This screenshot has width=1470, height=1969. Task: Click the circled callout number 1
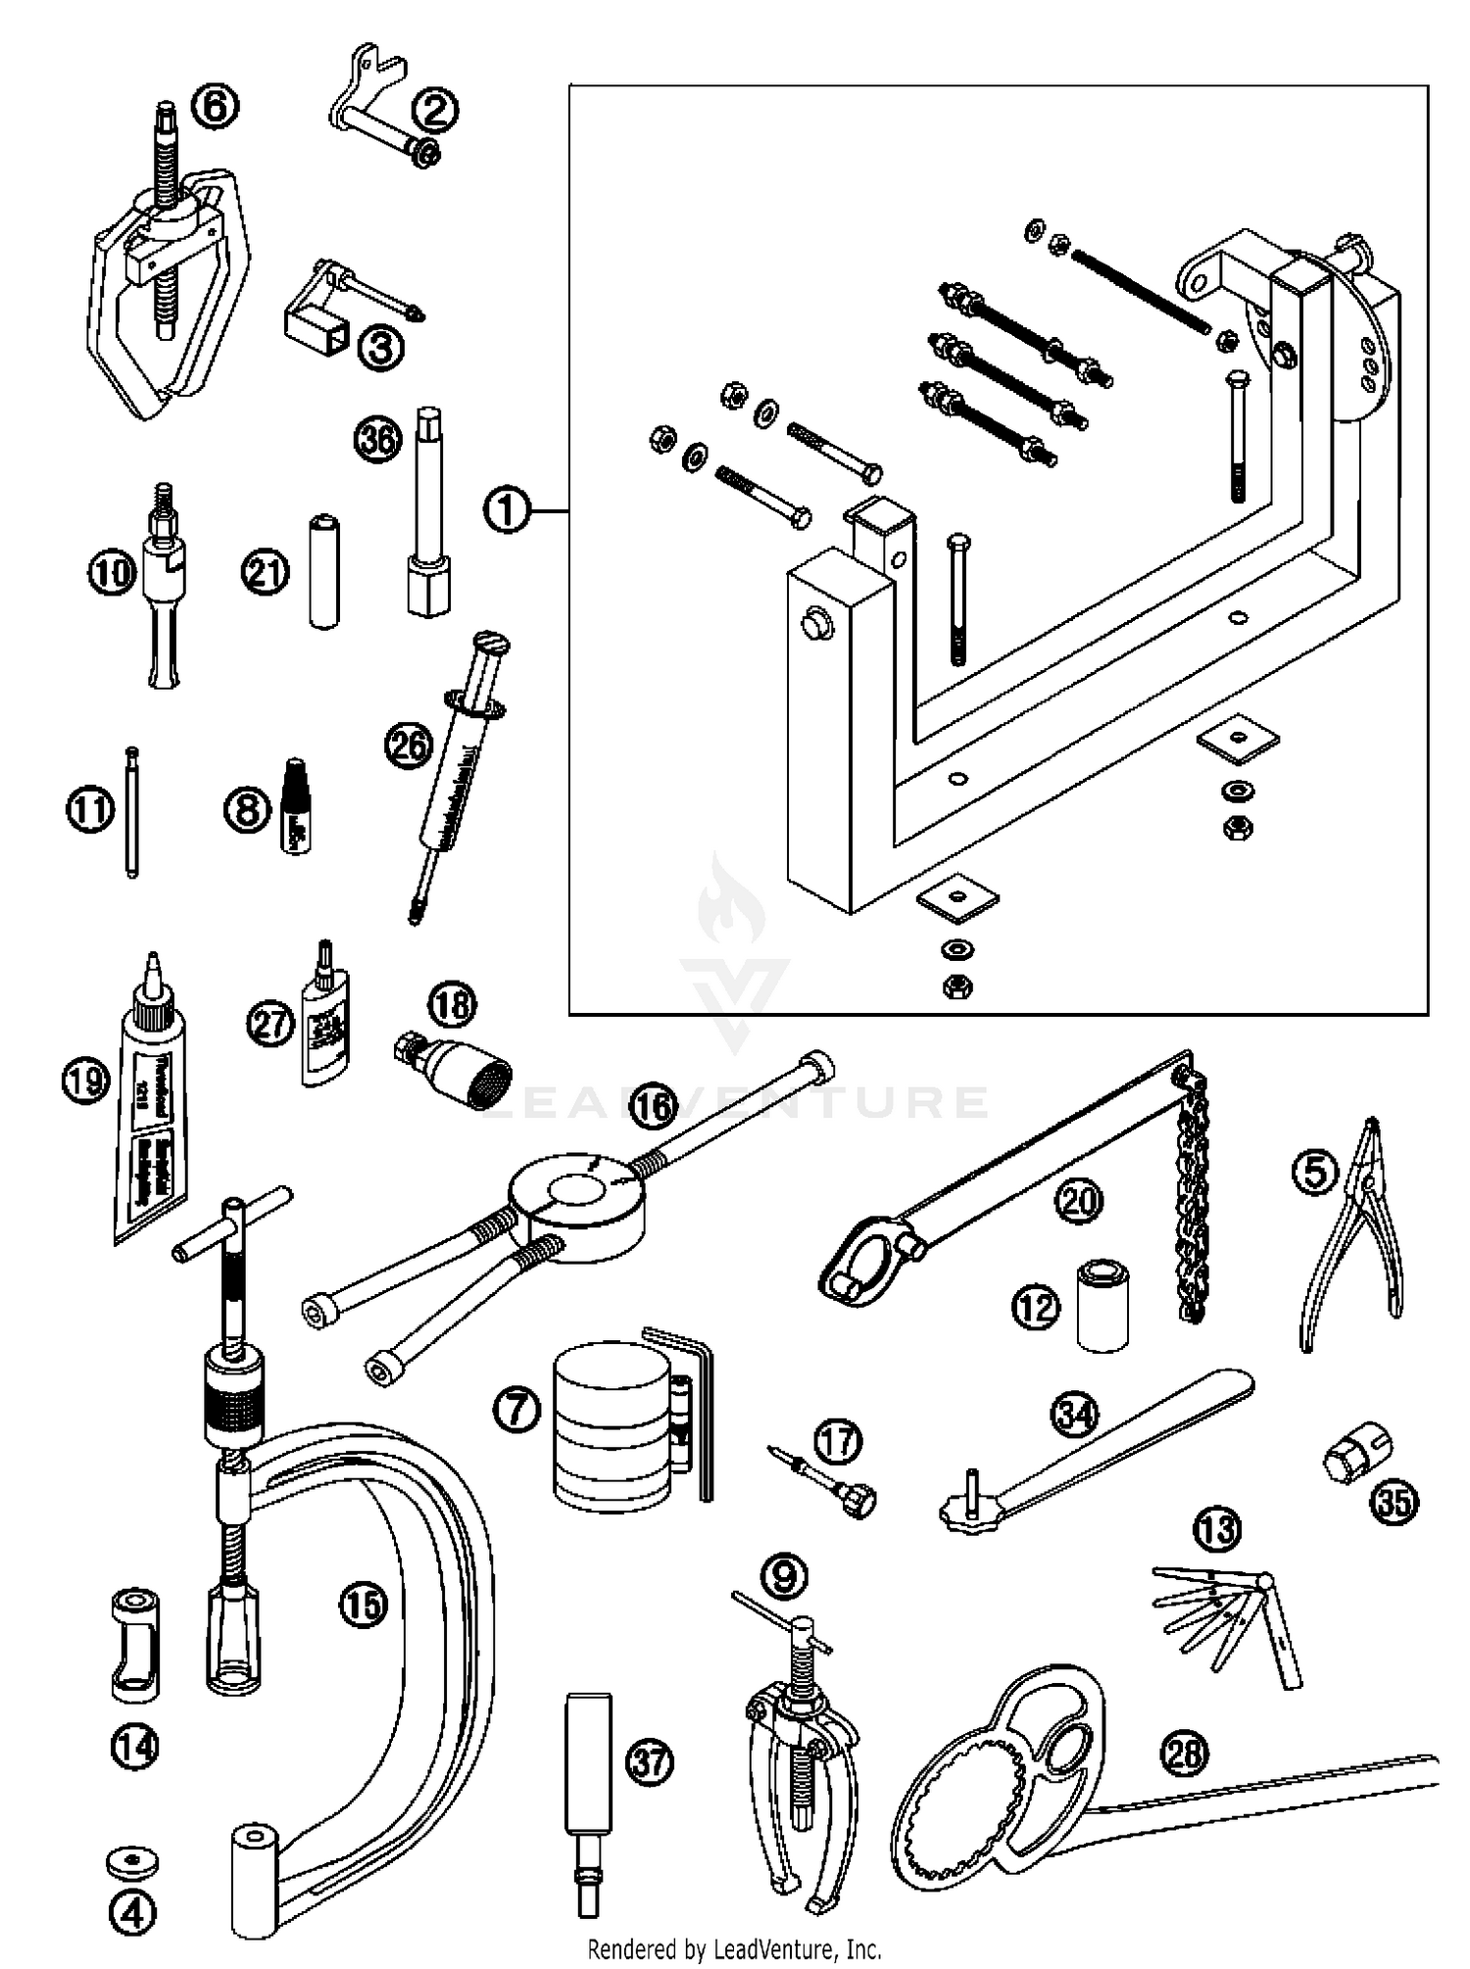[507, 510]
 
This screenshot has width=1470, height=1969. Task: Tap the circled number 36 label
[377, 439]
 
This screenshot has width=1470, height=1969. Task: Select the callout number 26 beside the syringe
[408, 745]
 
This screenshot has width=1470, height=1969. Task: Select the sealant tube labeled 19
[147, 1107]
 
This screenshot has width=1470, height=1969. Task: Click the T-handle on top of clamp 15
[233, 1225]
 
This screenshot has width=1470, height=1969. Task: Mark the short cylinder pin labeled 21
[323, 572]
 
